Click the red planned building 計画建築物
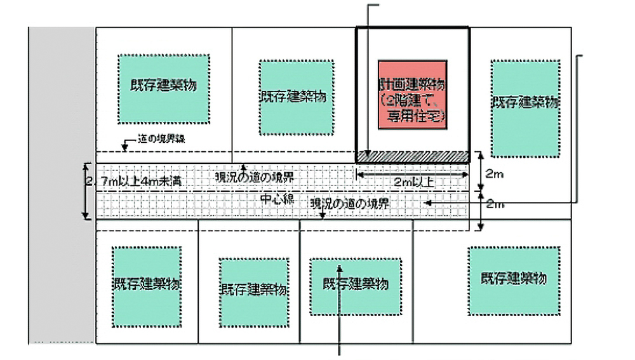[x=413, y=95]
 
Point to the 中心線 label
[x=277, y=199]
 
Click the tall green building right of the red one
[x=526, y=109]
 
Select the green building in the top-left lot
[x=164, y=88]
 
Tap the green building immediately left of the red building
[x=297, y=97]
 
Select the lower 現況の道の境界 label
[x=349, y=204]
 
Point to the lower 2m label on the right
[x=494, y=205]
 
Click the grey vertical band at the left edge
[x=62, y=184]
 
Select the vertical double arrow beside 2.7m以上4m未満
[x=87, y=191]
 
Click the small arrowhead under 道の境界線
[x=125, y=148]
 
